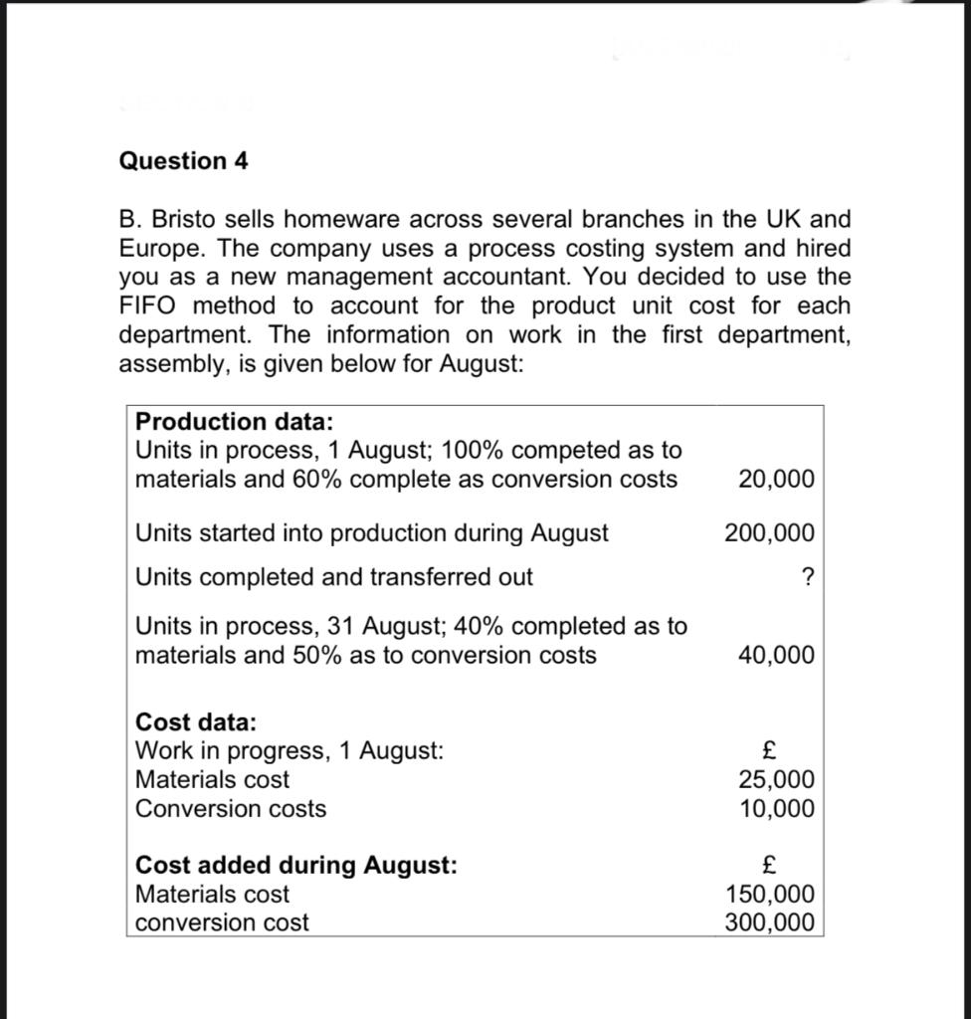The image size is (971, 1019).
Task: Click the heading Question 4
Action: click(x=184, y=161)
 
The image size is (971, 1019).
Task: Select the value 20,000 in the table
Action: click(x=776, y=480)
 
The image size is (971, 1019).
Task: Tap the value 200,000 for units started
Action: click(x=769, y=533)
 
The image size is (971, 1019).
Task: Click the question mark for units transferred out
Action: click(x=807, y=578)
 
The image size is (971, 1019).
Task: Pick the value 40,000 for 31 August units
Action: click(x=776, y=656)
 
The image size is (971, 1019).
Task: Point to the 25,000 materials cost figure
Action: click(x=776, y=780)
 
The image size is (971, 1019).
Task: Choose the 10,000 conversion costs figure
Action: click(x=776, y=809)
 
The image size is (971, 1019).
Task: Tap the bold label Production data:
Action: click(x=234, y=422)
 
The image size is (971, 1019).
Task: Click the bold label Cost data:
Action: click(x=196, y=721)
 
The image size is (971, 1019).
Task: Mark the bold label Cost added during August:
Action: click(x=296, y=865)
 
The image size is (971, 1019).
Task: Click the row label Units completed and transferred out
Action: click(x=333, y=577)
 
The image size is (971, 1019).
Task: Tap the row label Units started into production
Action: click(x=371, y=533)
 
